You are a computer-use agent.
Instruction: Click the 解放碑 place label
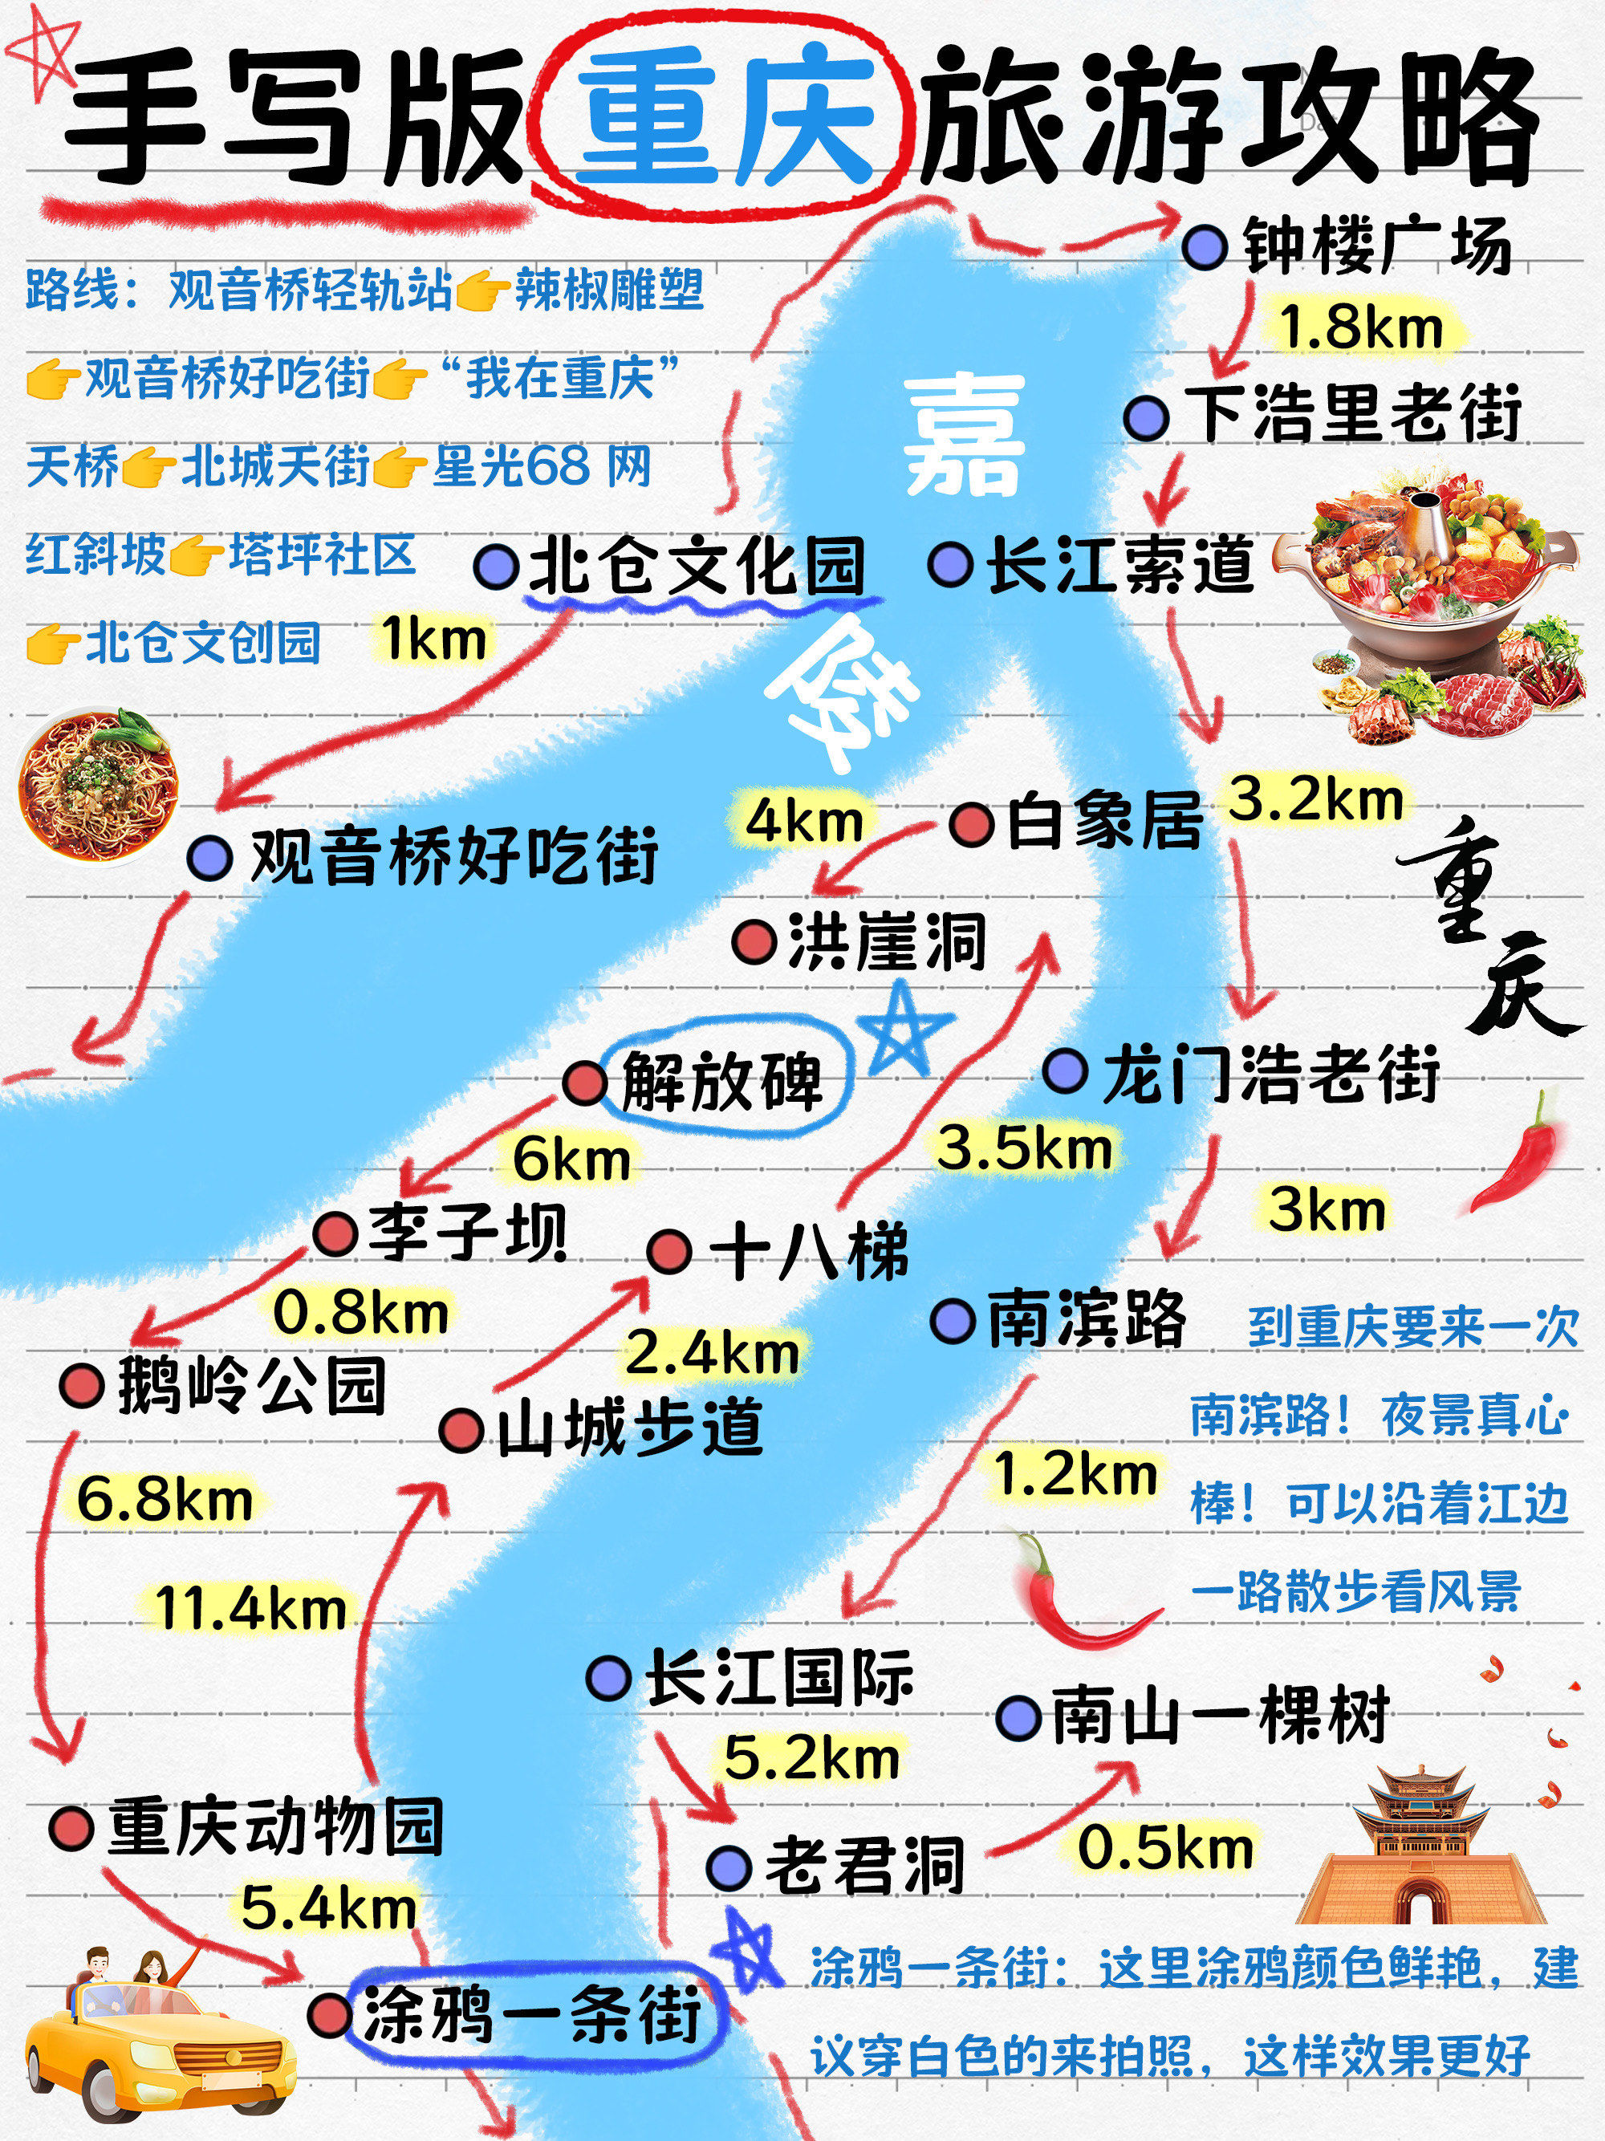(721, 1080)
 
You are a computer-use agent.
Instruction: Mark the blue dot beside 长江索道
(949, 564)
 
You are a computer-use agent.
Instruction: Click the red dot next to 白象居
(972, 826)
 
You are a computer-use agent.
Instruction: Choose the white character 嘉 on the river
(963, 435)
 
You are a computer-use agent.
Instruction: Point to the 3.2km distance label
(1314, 799)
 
